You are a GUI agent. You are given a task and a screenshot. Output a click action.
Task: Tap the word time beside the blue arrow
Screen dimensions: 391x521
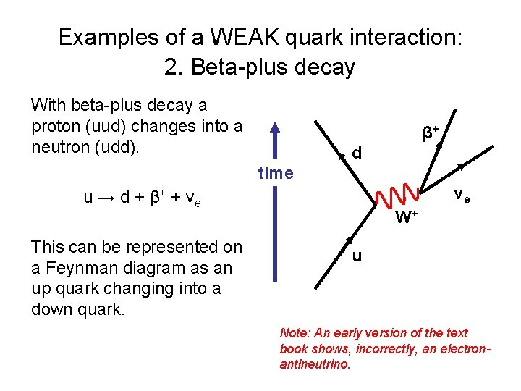pyautogui.click(x=275, y=173)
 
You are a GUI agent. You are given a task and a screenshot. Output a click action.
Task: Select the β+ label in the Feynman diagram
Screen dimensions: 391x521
pyautogui.click(x=431, y=133)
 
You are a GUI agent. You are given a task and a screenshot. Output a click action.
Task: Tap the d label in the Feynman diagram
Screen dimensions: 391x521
pyautogui.click(x=356, y=153)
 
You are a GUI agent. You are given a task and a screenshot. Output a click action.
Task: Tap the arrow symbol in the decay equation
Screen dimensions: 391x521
pyautogui.click(x=105, y=198)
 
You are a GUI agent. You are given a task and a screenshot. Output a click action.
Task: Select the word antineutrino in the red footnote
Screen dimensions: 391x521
pyautogui.click(x=313, y=363)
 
